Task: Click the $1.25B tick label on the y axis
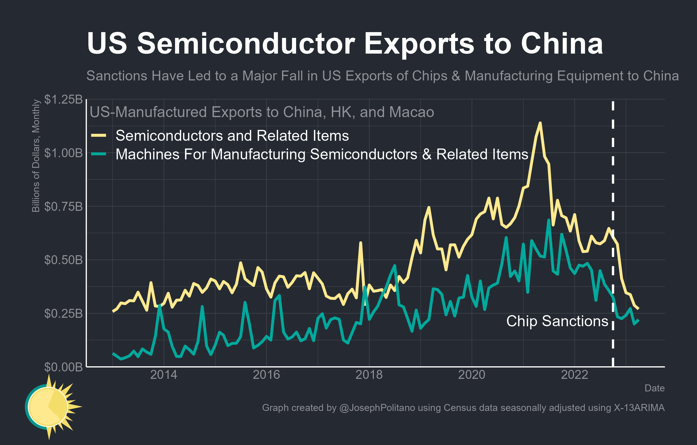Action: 63,99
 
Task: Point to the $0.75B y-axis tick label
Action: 63,207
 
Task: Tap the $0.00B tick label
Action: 63,367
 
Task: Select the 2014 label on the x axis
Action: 164,375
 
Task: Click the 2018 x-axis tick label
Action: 369,375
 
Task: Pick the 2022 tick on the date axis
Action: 574,375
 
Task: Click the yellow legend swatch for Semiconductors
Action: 99,135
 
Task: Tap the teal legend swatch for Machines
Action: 99,154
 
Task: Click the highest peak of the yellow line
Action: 540,123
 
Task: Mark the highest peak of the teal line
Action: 548,220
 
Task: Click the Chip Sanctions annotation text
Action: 557,321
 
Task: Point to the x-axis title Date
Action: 654,388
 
